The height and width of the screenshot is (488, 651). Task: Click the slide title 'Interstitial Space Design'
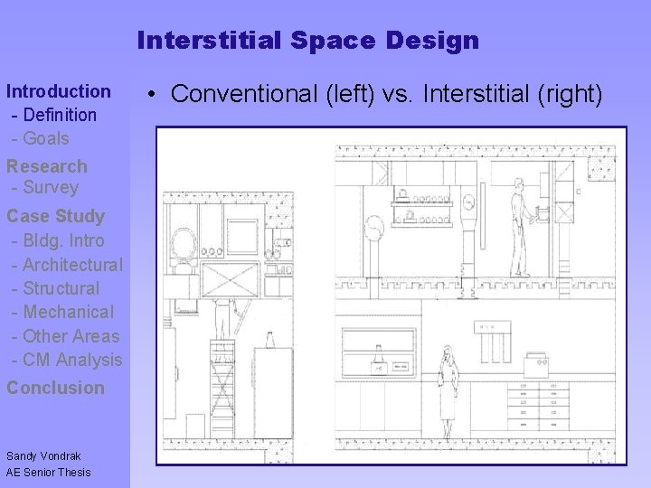307,41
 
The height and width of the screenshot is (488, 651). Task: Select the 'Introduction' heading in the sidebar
59,91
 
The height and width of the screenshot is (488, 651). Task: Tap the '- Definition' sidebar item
54,115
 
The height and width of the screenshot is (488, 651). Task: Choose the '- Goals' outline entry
41,138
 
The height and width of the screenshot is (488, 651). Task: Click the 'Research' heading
47,166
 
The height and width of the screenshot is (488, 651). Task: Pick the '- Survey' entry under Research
45,188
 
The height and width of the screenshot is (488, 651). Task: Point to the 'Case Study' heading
55,216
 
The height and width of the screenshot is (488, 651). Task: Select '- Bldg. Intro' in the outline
58,241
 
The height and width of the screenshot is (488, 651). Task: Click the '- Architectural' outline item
67,265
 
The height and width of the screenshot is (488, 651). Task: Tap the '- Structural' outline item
56,288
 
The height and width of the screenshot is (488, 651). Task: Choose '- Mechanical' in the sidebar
63,312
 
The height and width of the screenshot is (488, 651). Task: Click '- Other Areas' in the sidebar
65,336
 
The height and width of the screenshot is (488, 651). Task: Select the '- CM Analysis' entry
67,360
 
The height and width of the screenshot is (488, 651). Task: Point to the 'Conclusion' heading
55,388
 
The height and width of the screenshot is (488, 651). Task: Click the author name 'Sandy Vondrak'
43,456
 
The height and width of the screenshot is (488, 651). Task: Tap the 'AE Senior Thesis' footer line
49,472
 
